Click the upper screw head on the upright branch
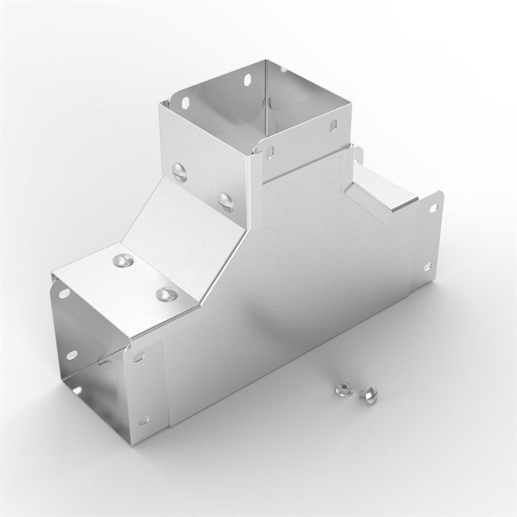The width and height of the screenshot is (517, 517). tap(180, 169)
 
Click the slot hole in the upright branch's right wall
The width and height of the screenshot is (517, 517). tap(332, 126)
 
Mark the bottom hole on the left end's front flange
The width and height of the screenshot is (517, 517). tap(144, 420)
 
